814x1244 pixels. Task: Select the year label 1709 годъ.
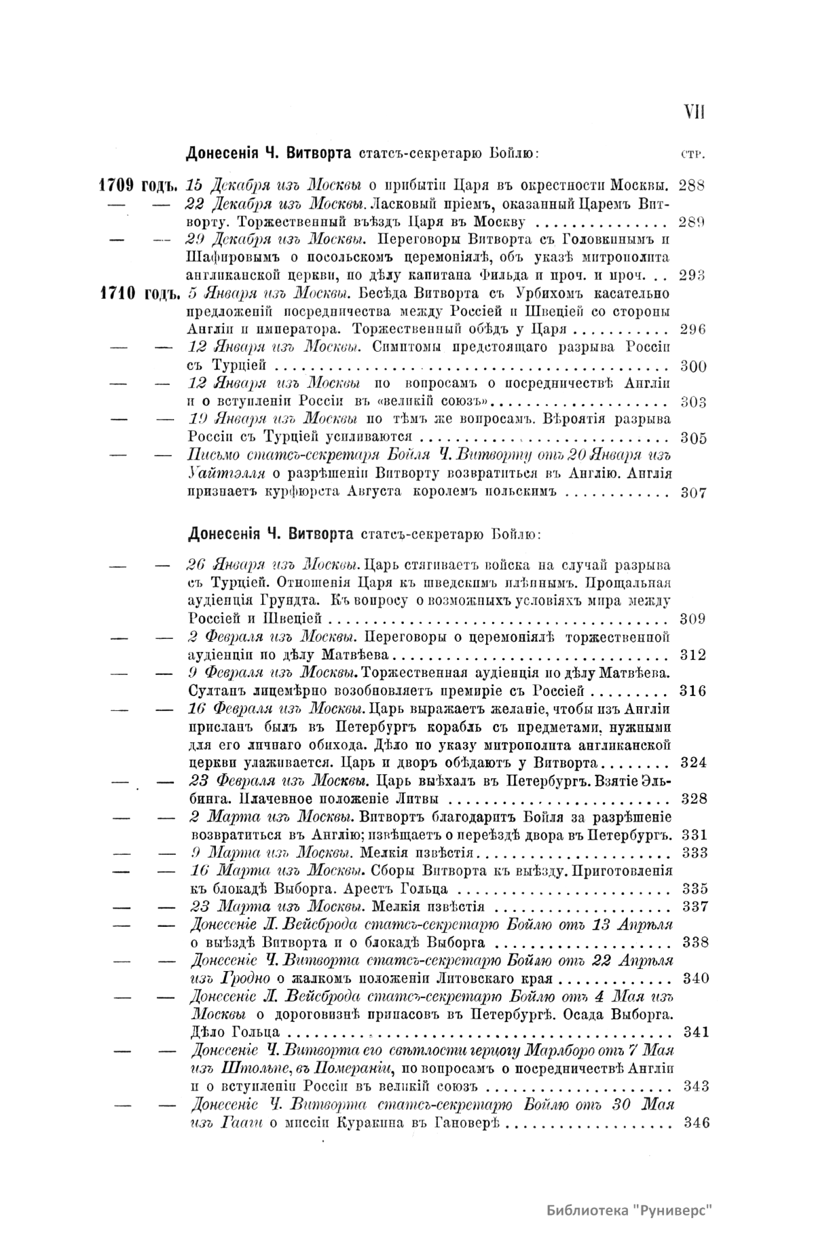pos(138,185)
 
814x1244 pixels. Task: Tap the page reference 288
pos(692,185)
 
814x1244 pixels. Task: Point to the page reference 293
pos(692,275)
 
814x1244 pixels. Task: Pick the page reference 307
pos(693,493)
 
